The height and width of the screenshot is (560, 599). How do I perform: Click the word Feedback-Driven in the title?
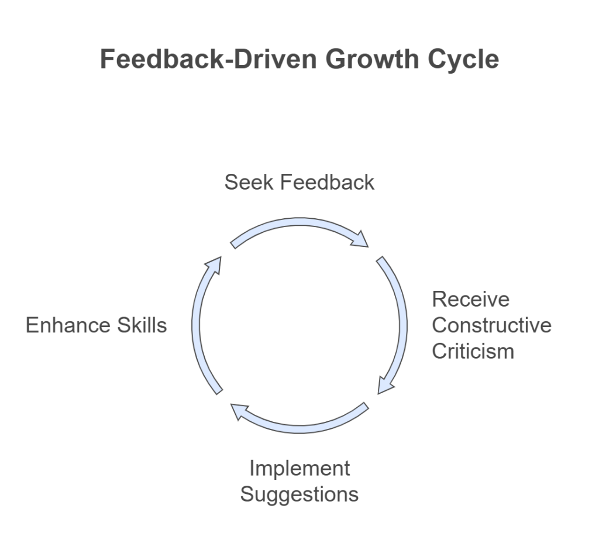coord(209,59)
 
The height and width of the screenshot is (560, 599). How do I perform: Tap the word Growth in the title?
coord(373,59)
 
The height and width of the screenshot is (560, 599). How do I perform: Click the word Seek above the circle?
coord(249,182)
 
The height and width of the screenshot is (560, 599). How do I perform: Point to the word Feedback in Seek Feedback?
coord(328,182)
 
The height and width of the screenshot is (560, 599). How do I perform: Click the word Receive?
coord(471,299)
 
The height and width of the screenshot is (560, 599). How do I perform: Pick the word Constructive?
coord(491,325)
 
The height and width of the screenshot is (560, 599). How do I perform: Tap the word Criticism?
coord(473,351)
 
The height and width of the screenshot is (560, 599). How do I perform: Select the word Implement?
coord(299,469)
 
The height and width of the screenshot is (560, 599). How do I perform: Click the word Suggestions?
coord(299,494)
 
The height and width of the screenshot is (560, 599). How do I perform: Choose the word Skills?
coord(142,325)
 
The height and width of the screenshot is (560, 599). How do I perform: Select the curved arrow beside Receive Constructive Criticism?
coord(402,325)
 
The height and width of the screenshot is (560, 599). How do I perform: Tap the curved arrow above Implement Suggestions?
coord(299,428)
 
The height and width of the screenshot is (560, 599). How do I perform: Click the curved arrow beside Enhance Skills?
coord(196,325)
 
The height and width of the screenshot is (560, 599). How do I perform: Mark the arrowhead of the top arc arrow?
coord(360,240)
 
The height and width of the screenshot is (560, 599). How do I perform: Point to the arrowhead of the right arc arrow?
coord(385,385)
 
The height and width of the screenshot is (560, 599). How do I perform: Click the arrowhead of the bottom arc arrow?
coord(239,411)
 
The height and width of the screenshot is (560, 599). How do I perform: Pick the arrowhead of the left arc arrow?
coord(214,265)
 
